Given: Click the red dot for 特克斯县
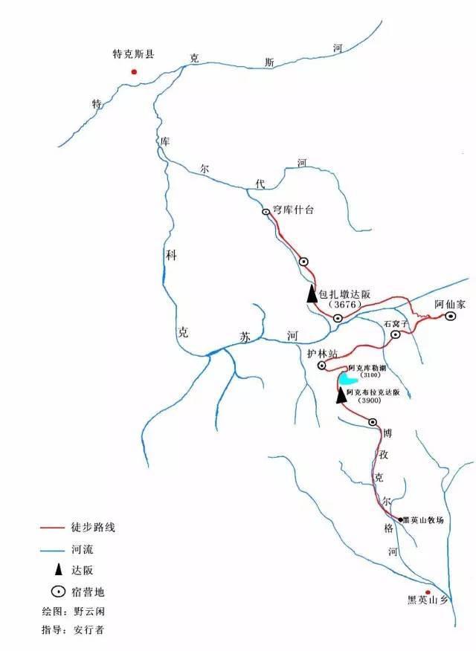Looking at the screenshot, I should tap(134, 72).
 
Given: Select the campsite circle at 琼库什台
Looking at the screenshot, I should tap(266, 212).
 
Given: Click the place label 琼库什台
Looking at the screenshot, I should tap(295, 210).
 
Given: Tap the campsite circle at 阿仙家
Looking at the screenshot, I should tap(451, 317).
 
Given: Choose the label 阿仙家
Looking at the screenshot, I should tap(450, 303).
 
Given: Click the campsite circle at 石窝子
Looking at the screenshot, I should tap(396, 335).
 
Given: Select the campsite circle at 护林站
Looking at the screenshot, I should tap(323, 366).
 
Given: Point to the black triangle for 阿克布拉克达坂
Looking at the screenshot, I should tap(341, 395).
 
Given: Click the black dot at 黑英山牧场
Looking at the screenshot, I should tap(400, 519).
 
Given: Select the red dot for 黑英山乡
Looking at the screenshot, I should tap(428, 592).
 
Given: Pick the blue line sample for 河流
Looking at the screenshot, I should tap(54, 551).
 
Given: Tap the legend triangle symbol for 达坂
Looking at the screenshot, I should tap(54, 571).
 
